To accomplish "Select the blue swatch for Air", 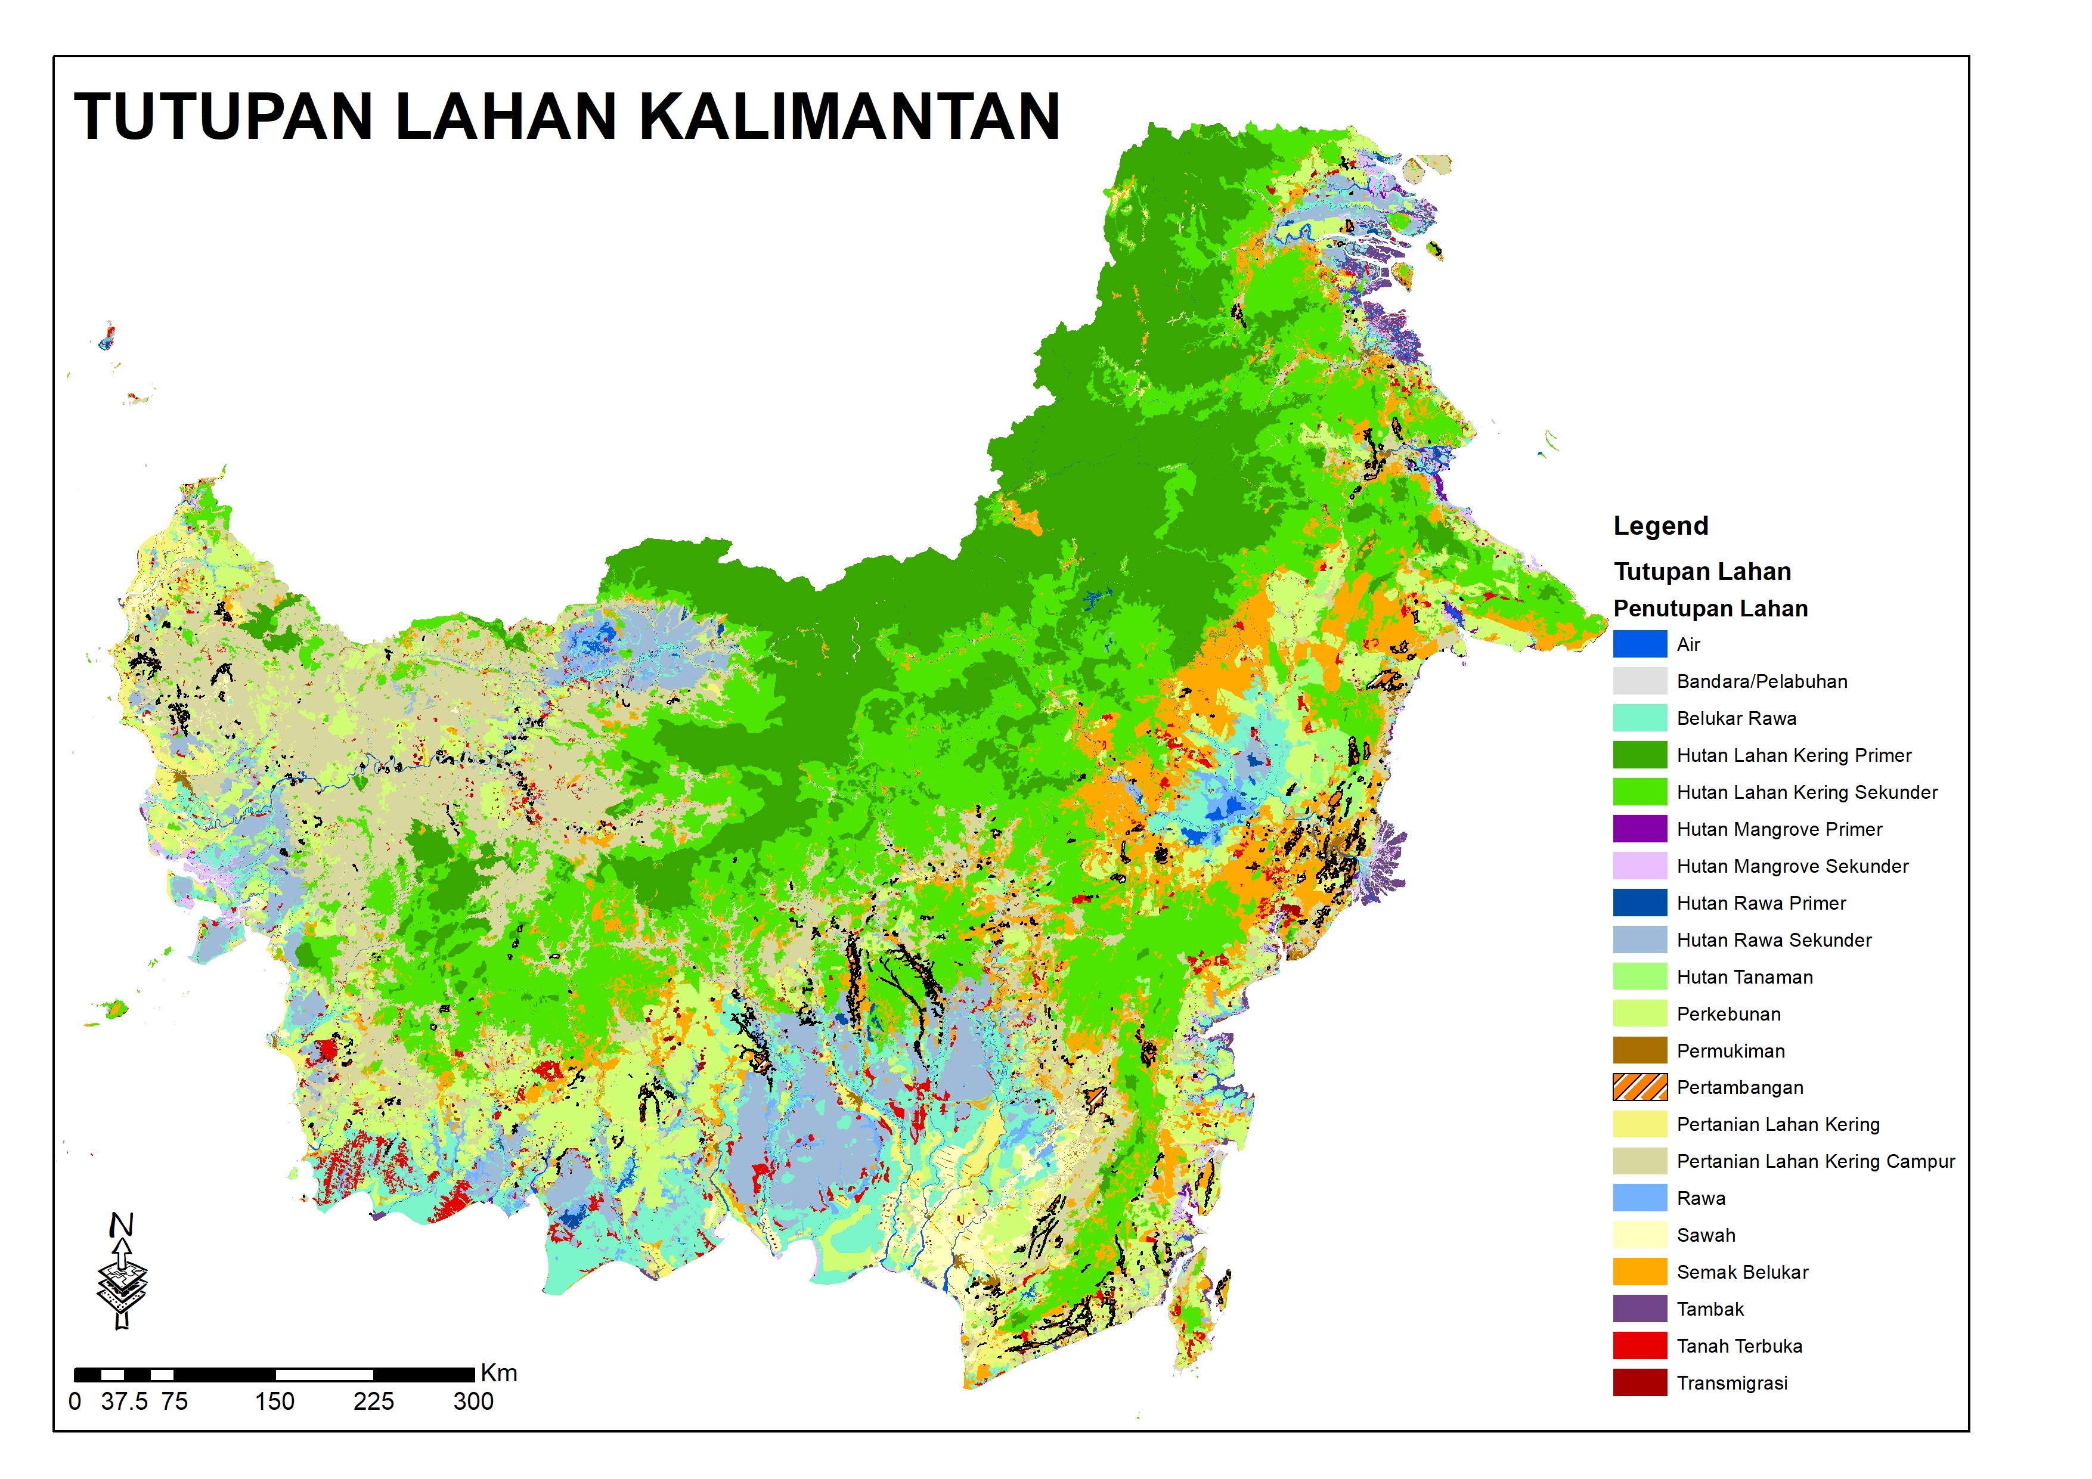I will (x=1639, y=644).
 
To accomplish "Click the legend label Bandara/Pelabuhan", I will (x=1761, y=681).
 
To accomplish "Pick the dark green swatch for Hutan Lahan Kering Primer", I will (x=1639, y=755).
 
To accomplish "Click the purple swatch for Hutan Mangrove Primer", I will (x=1639, y=829).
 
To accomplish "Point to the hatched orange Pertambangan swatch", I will (x=1639, y=1087).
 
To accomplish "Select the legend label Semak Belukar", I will (x=1742, y=1272).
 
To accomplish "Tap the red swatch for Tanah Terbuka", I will (x=1639, y=1346).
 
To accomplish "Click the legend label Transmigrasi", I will (x=1731, y=1383).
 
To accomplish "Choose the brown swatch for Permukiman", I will (x=1639, y=1051).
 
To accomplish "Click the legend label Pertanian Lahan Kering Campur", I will (x=1815, y=1161).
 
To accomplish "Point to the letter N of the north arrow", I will (x=121, y=1225).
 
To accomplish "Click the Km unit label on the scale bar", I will (x=498, y=1373).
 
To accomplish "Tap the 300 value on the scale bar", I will (x=473, y=1402).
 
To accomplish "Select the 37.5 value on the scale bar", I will (x=124, y=1402).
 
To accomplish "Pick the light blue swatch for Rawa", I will (x=1639, y=1198).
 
